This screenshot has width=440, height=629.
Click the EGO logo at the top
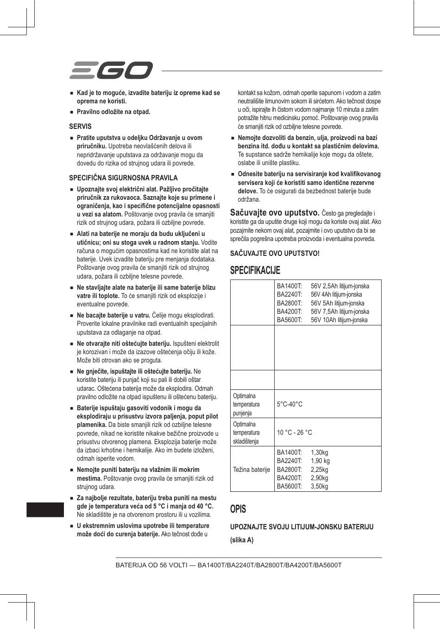tap(111, 70)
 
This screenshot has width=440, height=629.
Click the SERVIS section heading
tap(80, 126)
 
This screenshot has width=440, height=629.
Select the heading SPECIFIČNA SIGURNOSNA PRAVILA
tap(123, 178)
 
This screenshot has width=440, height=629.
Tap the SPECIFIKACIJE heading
tap(255, 270)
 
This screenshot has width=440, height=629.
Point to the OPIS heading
tap(238, 509)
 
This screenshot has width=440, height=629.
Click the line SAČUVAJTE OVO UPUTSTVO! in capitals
tap(275, 253)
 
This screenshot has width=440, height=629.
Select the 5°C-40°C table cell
tap(289, 404)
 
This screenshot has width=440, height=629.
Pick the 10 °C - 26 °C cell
tap(294, 432)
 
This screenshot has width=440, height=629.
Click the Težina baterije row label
tap(251, 470)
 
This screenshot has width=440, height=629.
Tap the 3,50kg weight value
tap(319, 486)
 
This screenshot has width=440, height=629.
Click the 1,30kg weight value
tap(319, 452)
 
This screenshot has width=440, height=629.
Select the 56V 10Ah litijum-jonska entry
tap(339, 320)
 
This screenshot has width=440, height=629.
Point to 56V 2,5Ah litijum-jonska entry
tap(340, 286)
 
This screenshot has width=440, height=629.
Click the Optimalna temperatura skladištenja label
tap(246, 432)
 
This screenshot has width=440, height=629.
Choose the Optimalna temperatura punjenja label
tap(246, 404)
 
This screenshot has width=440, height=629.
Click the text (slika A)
tap(242, 540)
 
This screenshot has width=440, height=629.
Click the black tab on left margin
tap(45, 508)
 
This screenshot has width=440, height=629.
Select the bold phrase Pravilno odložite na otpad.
tap(113, 112)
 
